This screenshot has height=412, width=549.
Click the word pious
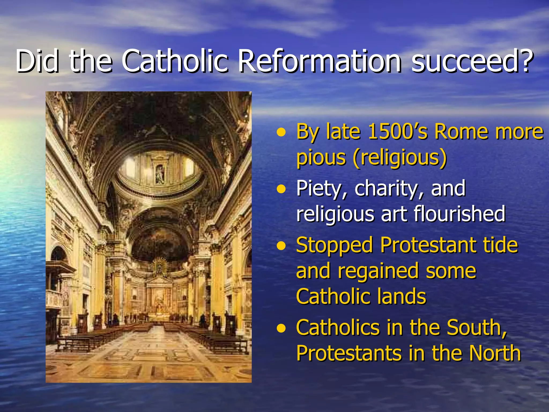pos(321,157)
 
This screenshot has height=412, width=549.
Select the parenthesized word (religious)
pos(400,157)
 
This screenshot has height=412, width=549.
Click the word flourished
pos(459,214)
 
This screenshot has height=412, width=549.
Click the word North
pos(495,353)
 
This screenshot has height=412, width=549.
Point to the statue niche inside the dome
pos(160,174)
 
